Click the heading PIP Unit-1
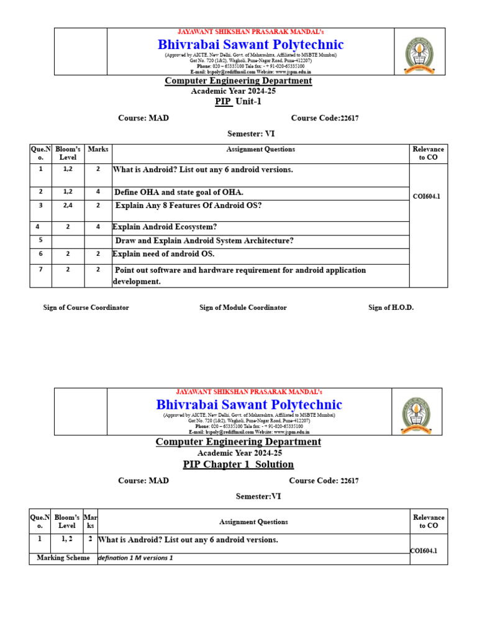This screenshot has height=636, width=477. pyautogui.click(x=238, y=102)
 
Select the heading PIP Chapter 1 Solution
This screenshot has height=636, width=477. pyautogui.click(x=238, y=465)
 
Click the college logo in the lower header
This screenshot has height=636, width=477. pyautogui.click(x=416, y=416)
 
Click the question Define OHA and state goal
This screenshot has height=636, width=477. pyautogui.click(x=179, y=193)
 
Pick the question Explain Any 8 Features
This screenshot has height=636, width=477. pyautogui.click(x=189, y=206)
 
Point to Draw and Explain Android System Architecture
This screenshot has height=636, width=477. pyautogui.click(x=204, y=241)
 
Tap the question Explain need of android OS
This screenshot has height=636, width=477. pyautogui.click(x=163, y=254)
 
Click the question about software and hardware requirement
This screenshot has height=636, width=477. pyautogui.click(x=240, y=271)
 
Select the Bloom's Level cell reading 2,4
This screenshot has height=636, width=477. pyautogui.click(x=68, y=206)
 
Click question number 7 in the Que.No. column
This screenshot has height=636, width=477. pyautogui.click(x=40, y=270)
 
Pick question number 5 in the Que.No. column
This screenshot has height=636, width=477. pyautogui.click(x=40, y=240)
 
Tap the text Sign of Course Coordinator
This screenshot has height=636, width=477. pyautogui.click(x=86, y=307)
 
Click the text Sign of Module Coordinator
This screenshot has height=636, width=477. pyautogui.click(x=243, y=307)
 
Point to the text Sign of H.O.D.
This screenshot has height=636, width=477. pyautogui.click(x=391, y=307)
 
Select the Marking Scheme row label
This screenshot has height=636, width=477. pyautogui.click(x=63, y=558)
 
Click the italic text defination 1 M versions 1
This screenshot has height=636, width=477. pyautogui.click(x=135, y=558)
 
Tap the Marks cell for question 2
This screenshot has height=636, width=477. pyautogui.click(x=98, y=193)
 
